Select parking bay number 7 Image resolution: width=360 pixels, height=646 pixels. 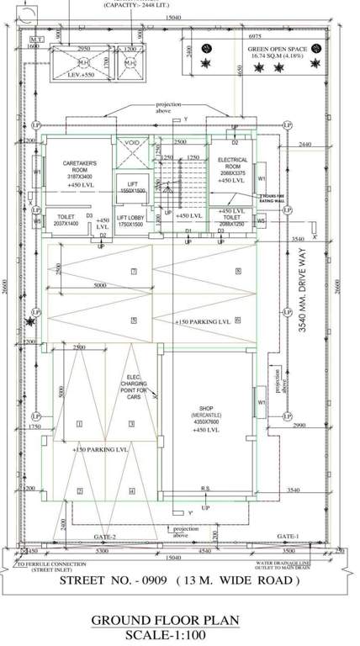pyautogui.click(x=133, y=271)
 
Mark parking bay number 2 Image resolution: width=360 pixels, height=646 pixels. pyautogui.click(x=81, y=491)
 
